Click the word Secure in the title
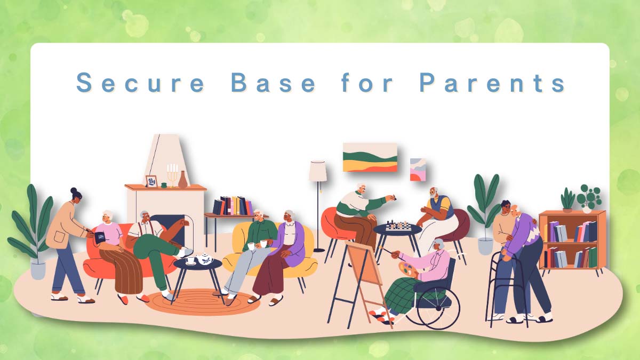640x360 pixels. [141, 82]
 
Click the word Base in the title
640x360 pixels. [274, 82]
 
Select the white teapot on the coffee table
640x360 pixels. [205, 259]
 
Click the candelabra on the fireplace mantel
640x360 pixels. [172, 175]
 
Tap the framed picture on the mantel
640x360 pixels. [151, 181]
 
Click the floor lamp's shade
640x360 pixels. [318, 171]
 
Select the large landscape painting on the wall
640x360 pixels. [370, 157]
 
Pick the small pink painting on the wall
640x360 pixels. [418, 170]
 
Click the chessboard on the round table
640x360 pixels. [398, 227]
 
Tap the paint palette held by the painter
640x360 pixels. [407, 269]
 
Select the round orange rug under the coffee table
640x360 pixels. [202, 302]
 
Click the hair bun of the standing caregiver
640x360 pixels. [74, 190]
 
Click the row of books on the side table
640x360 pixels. [233, 205]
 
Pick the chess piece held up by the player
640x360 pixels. [393, 197]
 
